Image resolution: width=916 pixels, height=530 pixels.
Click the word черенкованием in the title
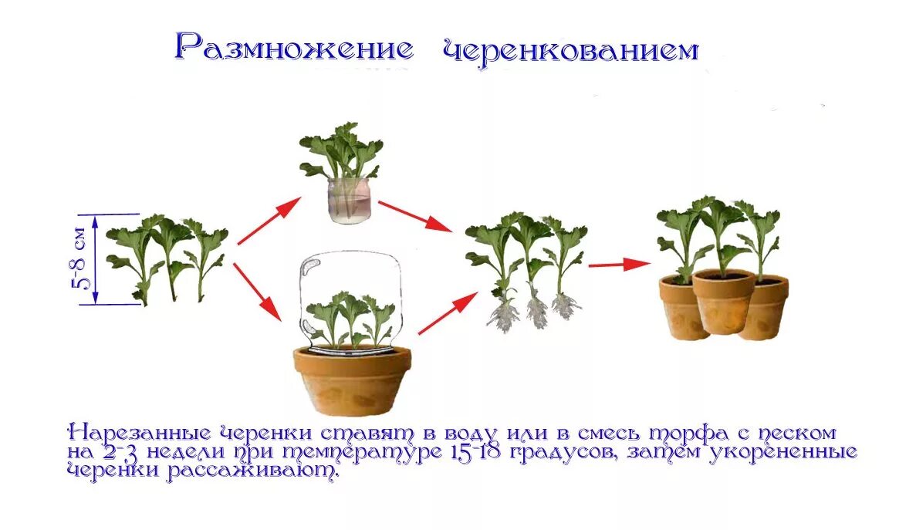pos(570,50)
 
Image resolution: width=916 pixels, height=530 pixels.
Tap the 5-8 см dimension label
pos(87,259)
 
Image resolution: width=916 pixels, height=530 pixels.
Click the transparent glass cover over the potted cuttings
pos(351,301)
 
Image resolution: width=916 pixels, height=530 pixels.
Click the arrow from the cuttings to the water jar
pos(269,220)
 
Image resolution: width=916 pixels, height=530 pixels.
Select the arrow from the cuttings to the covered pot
pos(257,291)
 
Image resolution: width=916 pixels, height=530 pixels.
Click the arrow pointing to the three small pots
pos(617,265)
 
